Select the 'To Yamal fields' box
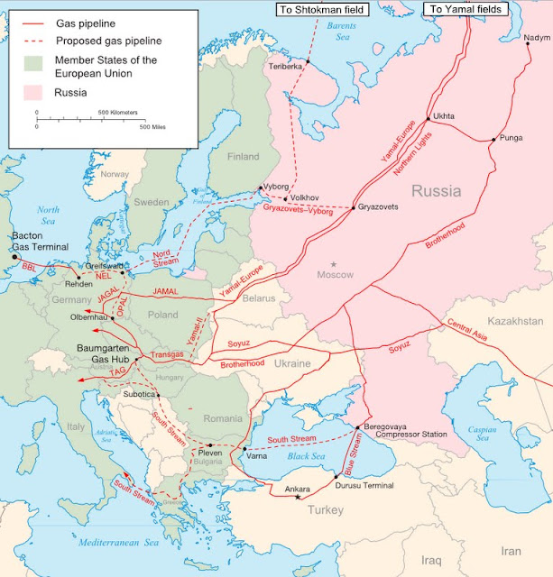coord(465,9)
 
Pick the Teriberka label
coord(285,67)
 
